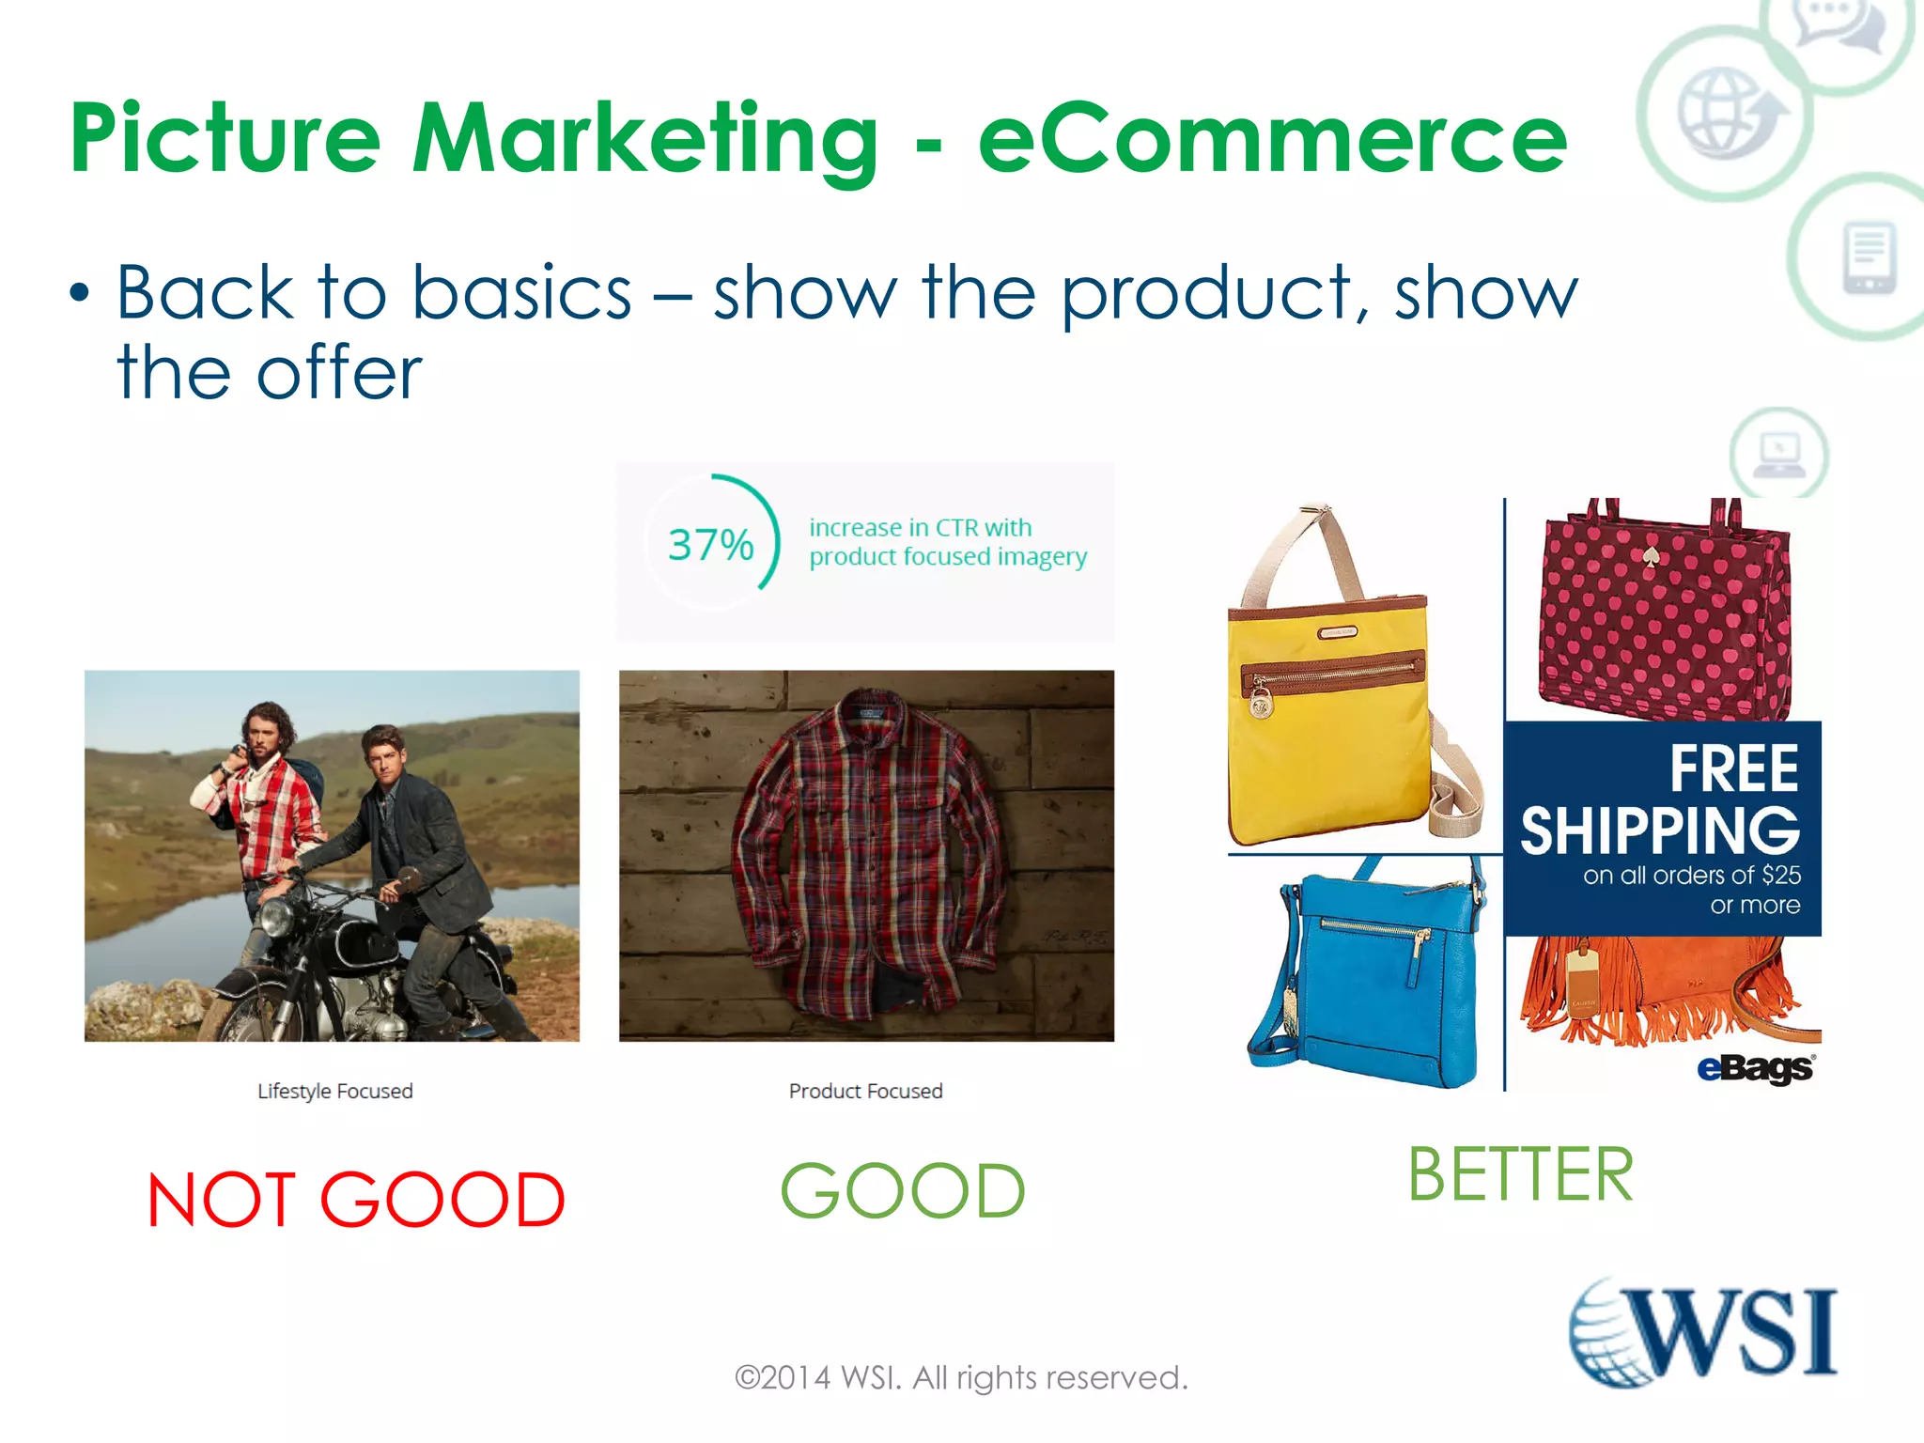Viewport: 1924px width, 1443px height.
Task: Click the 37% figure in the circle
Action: click(x=710, y=545)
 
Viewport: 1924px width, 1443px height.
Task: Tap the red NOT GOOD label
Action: click(x=356, y=1200)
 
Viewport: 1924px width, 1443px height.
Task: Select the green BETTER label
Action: click(x=1520, y=1174)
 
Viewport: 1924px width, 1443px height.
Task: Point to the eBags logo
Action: click(x=1755, y=1068)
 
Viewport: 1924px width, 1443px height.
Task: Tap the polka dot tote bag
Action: click(x=1663, y=620)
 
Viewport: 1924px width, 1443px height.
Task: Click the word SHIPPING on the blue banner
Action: click(x=1660, y=830)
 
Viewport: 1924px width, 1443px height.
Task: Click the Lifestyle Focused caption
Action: click(x=335, y=1091)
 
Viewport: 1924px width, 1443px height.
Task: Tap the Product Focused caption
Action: click(x=865, y=1091)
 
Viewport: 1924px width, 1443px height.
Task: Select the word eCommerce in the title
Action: click(x=1273, y=139)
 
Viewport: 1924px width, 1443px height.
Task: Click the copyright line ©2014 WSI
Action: click(x=961, y=1377)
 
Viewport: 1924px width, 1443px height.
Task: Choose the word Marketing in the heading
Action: click(x=646, y=139)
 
